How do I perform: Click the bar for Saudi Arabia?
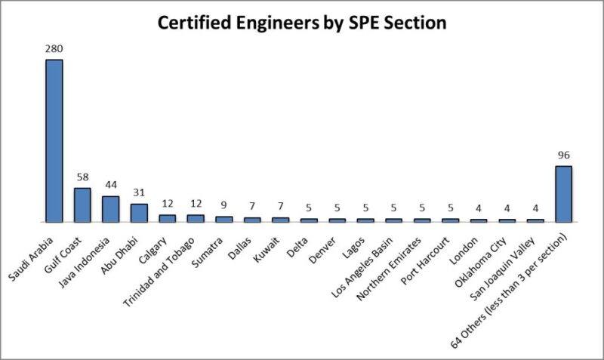54,141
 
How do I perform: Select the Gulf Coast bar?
82,205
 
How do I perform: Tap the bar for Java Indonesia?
110,209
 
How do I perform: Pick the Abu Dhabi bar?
139,213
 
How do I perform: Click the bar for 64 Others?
563,194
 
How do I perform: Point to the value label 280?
54,49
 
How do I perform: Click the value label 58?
82,178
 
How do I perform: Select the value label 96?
563,156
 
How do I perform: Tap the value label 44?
110,186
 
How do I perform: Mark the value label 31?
139,194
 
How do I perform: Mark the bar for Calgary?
167,218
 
